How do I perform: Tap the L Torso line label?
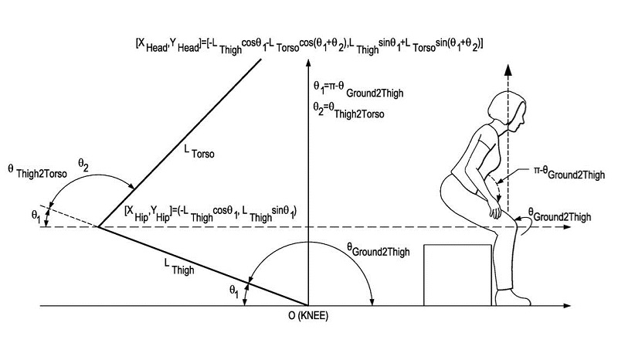(x=199, y=155)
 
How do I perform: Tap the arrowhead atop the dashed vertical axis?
(x=508, y=69)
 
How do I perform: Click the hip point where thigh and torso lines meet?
(x=98, y=226)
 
